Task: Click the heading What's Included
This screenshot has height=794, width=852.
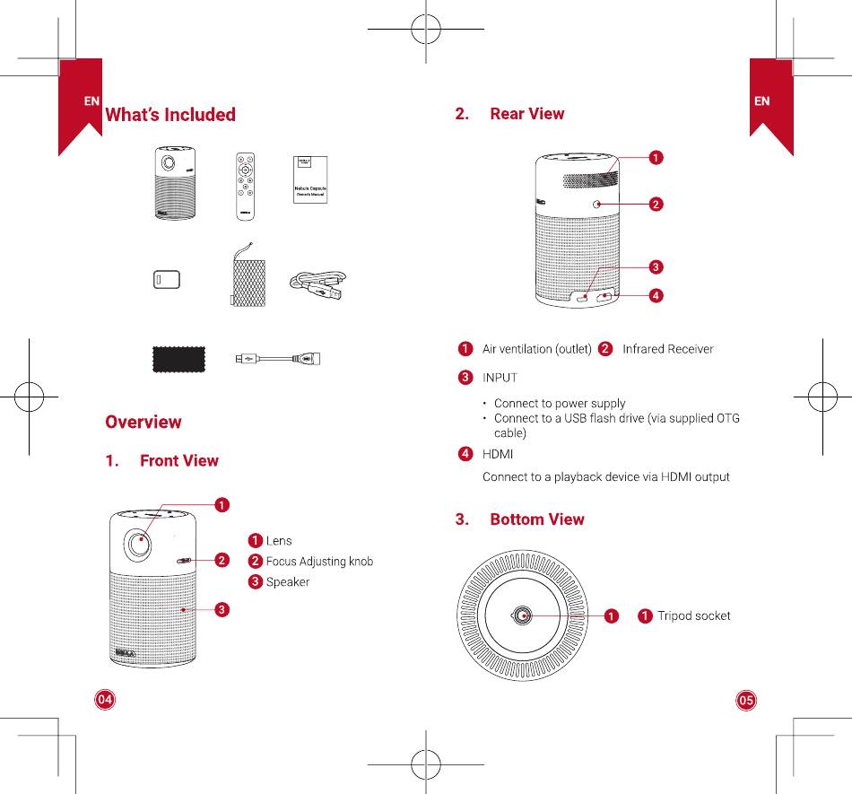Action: (x=170, y=115)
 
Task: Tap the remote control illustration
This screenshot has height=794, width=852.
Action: (x=244, y=186)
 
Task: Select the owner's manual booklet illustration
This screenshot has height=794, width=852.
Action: (x=310, y=180)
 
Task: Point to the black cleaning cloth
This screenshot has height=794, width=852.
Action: (x=178, y=359)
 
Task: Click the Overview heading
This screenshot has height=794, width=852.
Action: (x=143, y=422)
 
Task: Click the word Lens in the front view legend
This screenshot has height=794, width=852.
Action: (x=279, y=541)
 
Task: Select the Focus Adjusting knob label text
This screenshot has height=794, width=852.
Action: (x=319, y=562)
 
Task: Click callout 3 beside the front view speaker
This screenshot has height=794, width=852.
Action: (x=221, y=610)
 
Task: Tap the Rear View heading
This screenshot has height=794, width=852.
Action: (x=527, y=114)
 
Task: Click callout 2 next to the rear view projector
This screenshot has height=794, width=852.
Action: (x=656, y=205)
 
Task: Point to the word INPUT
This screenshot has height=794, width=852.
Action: (x=500, y=378)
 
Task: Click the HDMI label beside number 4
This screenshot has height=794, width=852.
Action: (x=498, y=455)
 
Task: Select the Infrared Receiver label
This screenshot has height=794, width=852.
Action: (x=667, y=349)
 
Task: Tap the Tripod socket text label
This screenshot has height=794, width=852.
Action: (x=693, y=616)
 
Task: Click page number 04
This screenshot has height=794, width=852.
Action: (x=106, y=699)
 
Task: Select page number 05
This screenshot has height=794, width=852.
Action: (x=746, y=700)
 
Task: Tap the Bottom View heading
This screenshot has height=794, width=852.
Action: (x=536, y=519)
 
